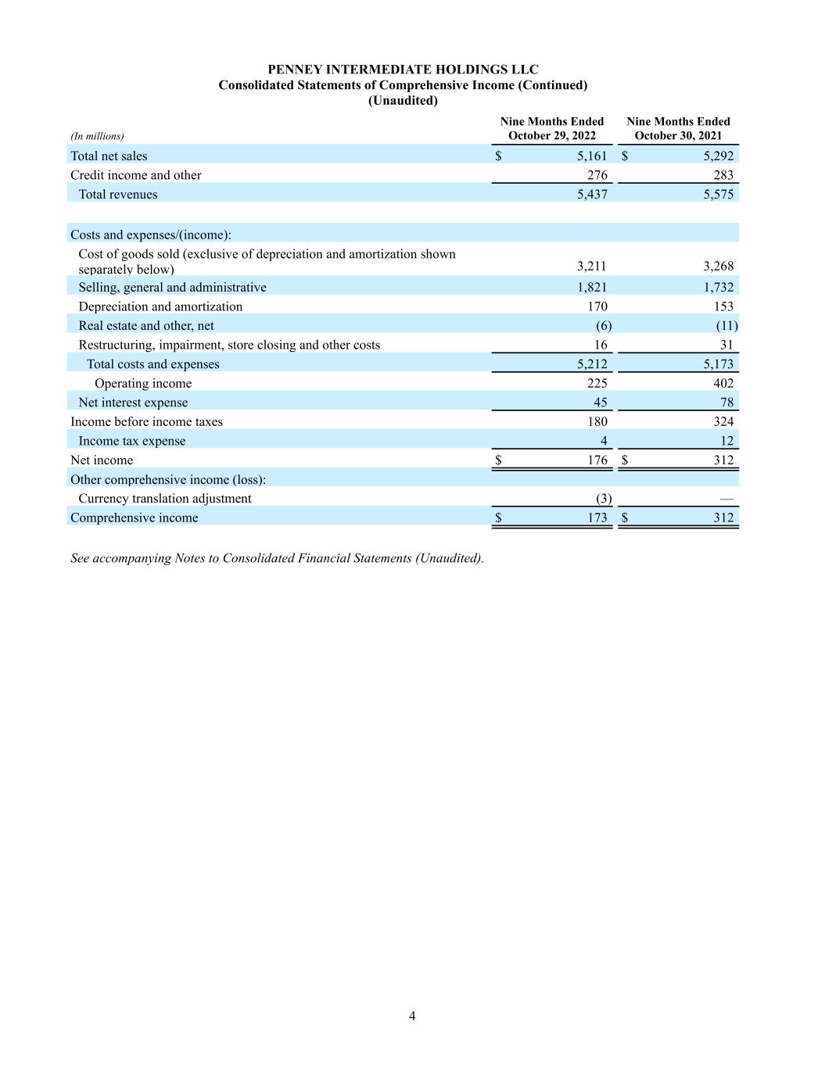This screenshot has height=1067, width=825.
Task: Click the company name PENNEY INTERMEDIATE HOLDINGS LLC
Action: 403,70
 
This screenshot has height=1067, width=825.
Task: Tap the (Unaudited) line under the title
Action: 403,101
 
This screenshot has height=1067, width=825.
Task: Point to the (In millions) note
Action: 97,136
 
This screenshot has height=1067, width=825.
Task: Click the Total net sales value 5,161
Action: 592,156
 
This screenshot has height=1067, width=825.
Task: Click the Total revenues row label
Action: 117,195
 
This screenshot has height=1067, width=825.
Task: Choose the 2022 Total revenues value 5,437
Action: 592,195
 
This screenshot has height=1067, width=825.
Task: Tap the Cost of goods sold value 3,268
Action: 718,266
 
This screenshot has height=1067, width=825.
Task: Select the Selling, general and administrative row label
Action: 172,288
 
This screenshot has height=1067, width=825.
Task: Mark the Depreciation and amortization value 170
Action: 597,306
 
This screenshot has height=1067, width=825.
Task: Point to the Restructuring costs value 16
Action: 600,345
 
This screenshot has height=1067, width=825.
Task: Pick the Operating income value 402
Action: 723,383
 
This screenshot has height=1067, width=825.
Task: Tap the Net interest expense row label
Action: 133,403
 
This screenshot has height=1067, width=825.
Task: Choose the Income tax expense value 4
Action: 603,441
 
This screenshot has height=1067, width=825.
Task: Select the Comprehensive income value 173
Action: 597,517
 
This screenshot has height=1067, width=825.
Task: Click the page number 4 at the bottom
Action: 412,1016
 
